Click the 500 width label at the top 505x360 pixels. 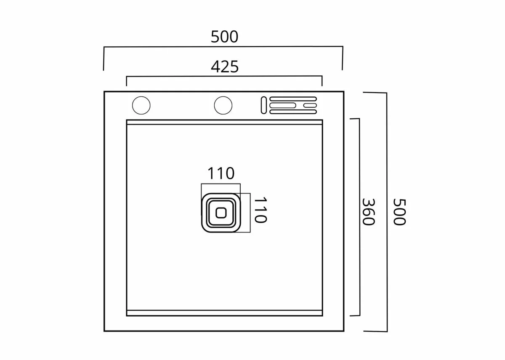click(225, 37)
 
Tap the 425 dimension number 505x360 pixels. click(225, 67)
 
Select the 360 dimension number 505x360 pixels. click(369, 211)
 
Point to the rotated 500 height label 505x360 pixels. click(399, 212)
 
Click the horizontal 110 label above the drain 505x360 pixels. click(221, 173)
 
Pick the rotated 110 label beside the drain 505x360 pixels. click(261, 210)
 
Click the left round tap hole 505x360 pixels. click(141, 105)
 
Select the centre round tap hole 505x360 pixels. click(223, 105)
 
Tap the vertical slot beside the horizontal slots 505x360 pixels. click(264, 105)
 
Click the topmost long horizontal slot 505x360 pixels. click(293, 99)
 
